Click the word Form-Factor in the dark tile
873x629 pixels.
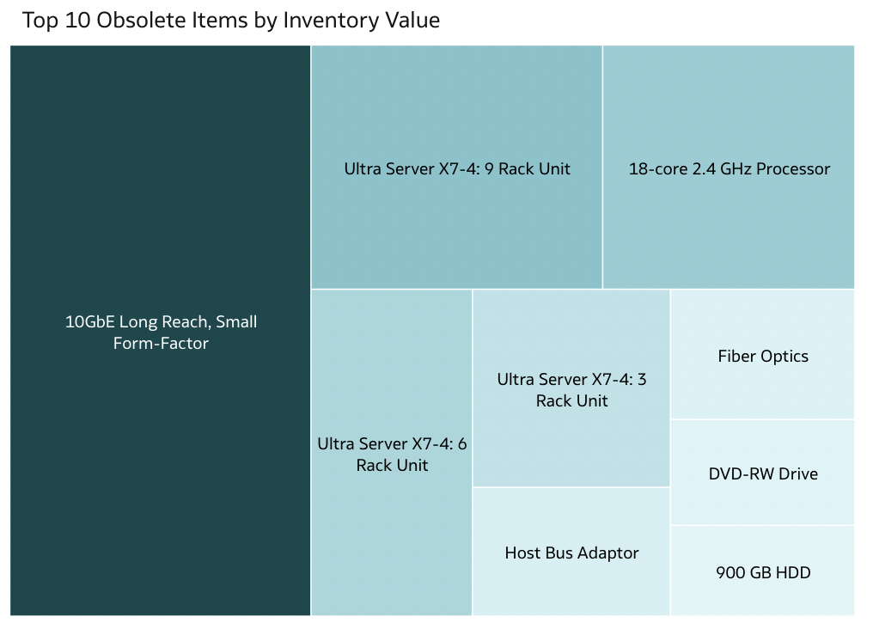[x=161, y=344]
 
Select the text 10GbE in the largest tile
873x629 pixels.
[x=89, y=322]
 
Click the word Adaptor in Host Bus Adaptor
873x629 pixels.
[x=608, y=553]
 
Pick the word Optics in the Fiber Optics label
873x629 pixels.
[x=786, y=356]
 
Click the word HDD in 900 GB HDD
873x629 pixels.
[x=793, y=572]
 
